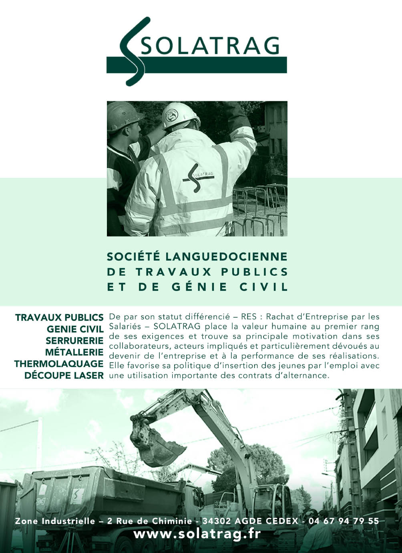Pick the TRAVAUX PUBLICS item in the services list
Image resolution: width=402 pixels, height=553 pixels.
(x=59, y=318)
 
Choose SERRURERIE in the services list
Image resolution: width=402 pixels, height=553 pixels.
(x=74, y=341)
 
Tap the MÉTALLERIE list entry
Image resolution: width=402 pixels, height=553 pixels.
(x=74, y=353)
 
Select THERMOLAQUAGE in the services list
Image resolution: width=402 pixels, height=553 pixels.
(x=59, y=364)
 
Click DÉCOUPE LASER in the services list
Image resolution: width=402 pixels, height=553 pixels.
(x=64, y=376)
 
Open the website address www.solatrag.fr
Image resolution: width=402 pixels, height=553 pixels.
(x=197, y=534)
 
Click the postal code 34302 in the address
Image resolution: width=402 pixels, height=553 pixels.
(x=217, y=521)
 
